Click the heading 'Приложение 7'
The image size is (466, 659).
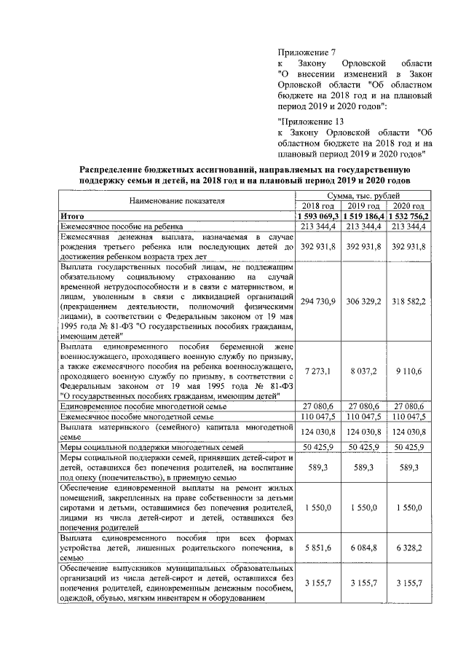click(307, 52)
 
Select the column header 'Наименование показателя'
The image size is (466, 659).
click(178, 200)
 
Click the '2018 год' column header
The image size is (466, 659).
click(318, 206)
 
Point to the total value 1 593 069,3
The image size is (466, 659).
click(318, 216)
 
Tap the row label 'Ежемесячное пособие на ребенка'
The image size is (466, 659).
click(125, 226)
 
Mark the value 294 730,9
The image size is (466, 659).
click(318, 301)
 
